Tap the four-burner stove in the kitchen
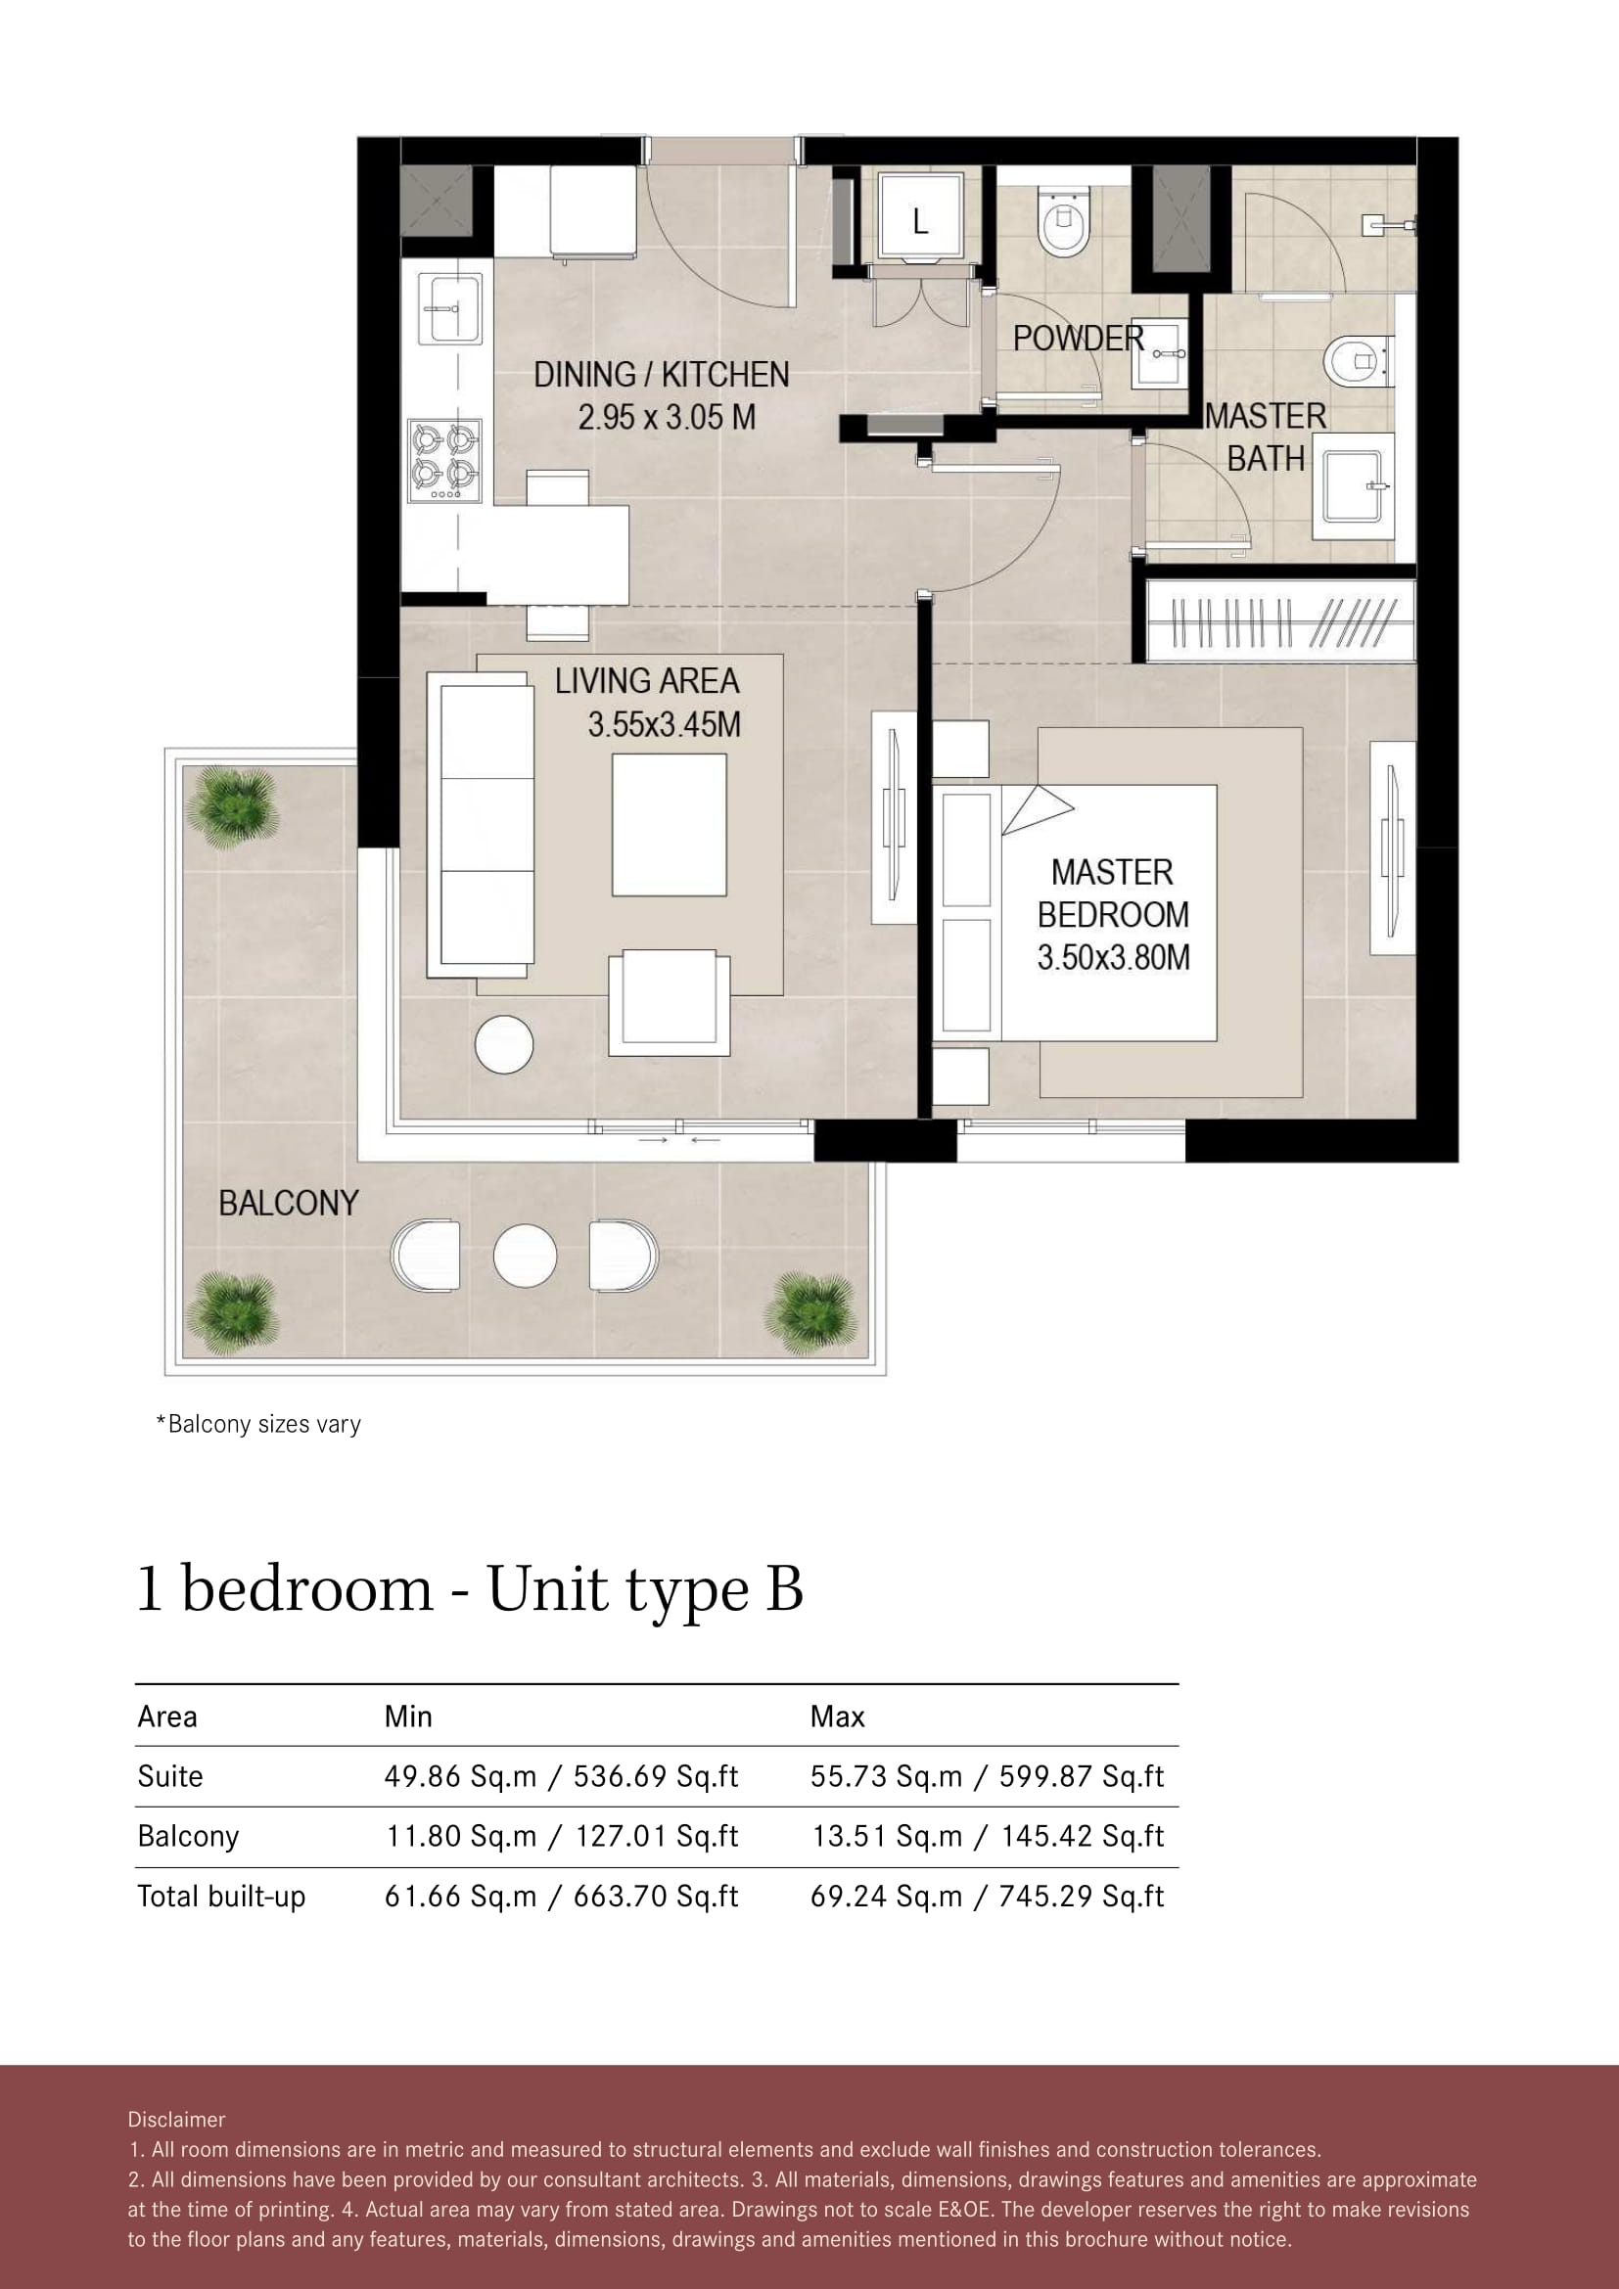[x=446, y=461]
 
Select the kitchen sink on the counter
[x=450, y=309]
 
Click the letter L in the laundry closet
[x=920, y=220]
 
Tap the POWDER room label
[x=1079, y=339]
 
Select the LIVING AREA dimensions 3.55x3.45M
[x=664, y=725]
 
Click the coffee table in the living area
[x=669, y=824]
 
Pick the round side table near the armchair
[x=504, y=1044]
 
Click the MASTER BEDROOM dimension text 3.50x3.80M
[x=1114, y=958]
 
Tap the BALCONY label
[x=288, y=1204]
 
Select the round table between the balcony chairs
[x=526, y=1256]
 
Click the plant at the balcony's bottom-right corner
[x=811, y=1313]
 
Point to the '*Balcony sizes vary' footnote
[x=258, y=1425]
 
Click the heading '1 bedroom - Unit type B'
[x=470, y=1589]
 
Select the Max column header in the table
[x=838, y=1717]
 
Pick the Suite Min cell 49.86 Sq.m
[x=461, y=1776]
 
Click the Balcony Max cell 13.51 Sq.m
[x=887, y=1836]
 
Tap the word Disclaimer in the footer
[x=176, y=2120]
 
